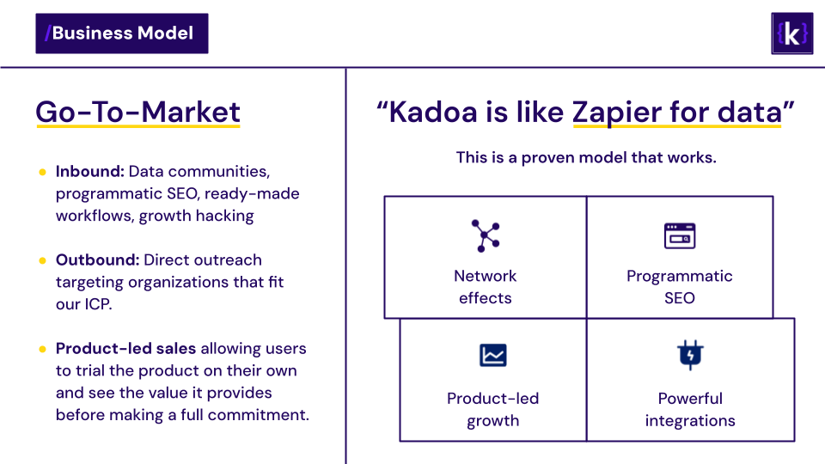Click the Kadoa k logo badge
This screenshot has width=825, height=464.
791,34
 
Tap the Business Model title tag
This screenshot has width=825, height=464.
122,34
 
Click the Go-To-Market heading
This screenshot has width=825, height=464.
137,112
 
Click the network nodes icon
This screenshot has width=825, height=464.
485,235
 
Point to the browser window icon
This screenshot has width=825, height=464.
679,235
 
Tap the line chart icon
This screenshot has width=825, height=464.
493,355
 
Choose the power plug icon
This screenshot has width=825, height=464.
690,355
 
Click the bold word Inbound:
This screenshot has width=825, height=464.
90,172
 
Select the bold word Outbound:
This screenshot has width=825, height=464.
97,259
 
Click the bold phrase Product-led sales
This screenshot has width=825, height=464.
125,348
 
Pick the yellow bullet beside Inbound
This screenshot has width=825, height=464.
43,172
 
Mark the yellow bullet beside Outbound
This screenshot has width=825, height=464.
43,260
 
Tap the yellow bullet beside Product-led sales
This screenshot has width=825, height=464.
43,349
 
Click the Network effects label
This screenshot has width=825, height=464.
485,287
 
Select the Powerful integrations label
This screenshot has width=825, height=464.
690,409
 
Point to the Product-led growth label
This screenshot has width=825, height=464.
493,409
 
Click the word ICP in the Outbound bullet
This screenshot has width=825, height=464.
97,304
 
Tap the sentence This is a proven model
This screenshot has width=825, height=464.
586,157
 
